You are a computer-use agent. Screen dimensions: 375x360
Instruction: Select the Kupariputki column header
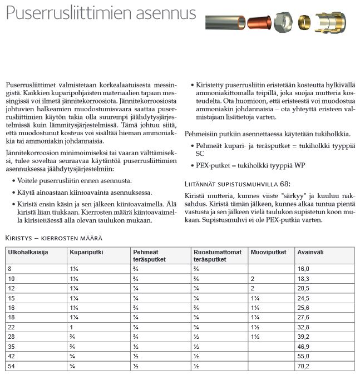pyautogui.click(x=85, y=253)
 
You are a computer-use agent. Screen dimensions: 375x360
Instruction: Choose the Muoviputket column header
pyautogui.click(x=269, y=253)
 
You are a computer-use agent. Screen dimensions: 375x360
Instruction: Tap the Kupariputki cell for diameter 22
pyautogui.click(x=72, y=326)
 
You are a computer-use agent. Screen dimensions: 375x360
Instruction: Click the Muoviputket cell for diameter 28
pyautogui.click(x=256, y=336)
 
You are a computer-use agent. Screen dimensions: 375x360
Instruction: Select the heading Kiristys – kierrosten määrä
pyautogui.click(x=53, y=238)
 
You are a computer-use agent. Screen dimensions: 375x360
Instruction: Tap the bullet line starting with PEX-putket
pyautogui.click(x=248, y=166)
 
